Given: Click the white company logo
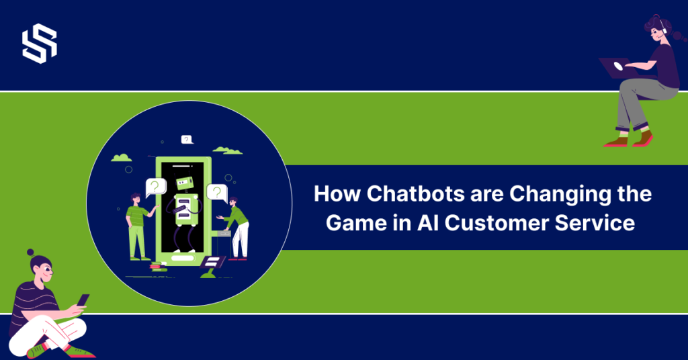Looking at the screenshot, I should point(40,44).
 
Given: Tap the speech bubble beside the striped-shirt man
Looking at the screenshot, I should point(155,186).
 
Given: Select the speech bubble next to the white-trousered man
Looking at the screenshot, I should point(217,192).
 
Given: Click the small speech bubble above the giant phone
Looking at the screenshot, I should point(187,139).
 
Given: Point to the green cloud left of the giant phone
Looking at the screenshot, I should point(122,158).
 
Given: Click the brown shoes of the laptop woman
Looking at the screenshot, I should point(628,140).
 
